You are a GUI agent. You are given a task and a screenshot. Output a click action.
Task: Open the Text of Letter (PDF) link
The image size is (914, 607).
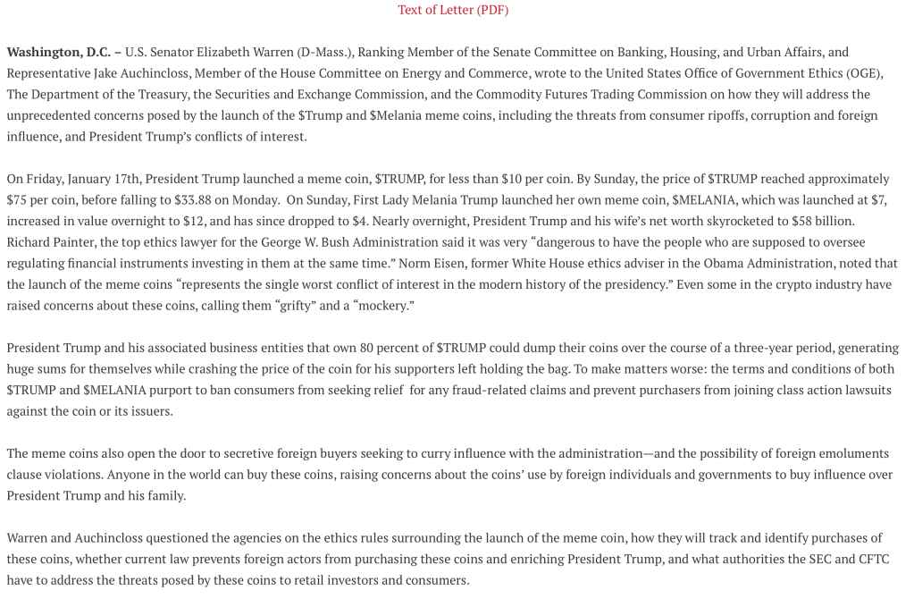tap(453, 10)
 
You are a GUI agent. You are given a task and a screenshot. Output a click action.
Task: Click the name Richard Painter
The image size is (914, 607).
tap(48, 242)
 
